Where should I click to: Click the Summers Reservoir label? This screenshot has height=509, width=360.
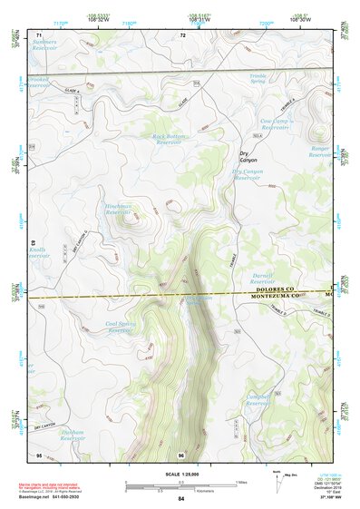pyautogui.click(x=44, y=44)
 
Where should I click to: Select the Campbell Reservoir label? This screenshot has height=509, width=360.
pyautogui.click(x=261, y=399)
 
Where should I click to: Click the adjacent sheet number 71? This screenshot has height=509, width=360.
pyautogui.click(x=39, y=34)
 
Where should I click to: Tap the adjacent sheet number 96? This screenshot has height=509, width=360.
pyautogui.click(x=181, y=454)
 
